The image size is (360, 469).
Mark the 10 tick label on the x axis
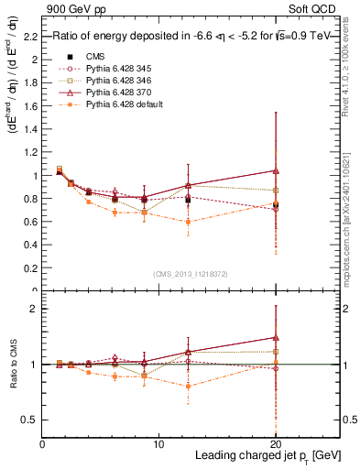[158, 443]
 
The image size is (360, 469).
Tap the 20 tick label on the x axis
[275, 443]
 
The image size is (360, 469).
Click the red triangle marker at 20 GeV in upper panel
[276, 170]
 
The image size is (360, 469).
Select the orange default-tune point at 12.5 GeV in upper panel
[188, 222]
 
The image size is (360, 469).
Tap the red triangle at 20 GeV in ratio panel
[276, 337]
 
